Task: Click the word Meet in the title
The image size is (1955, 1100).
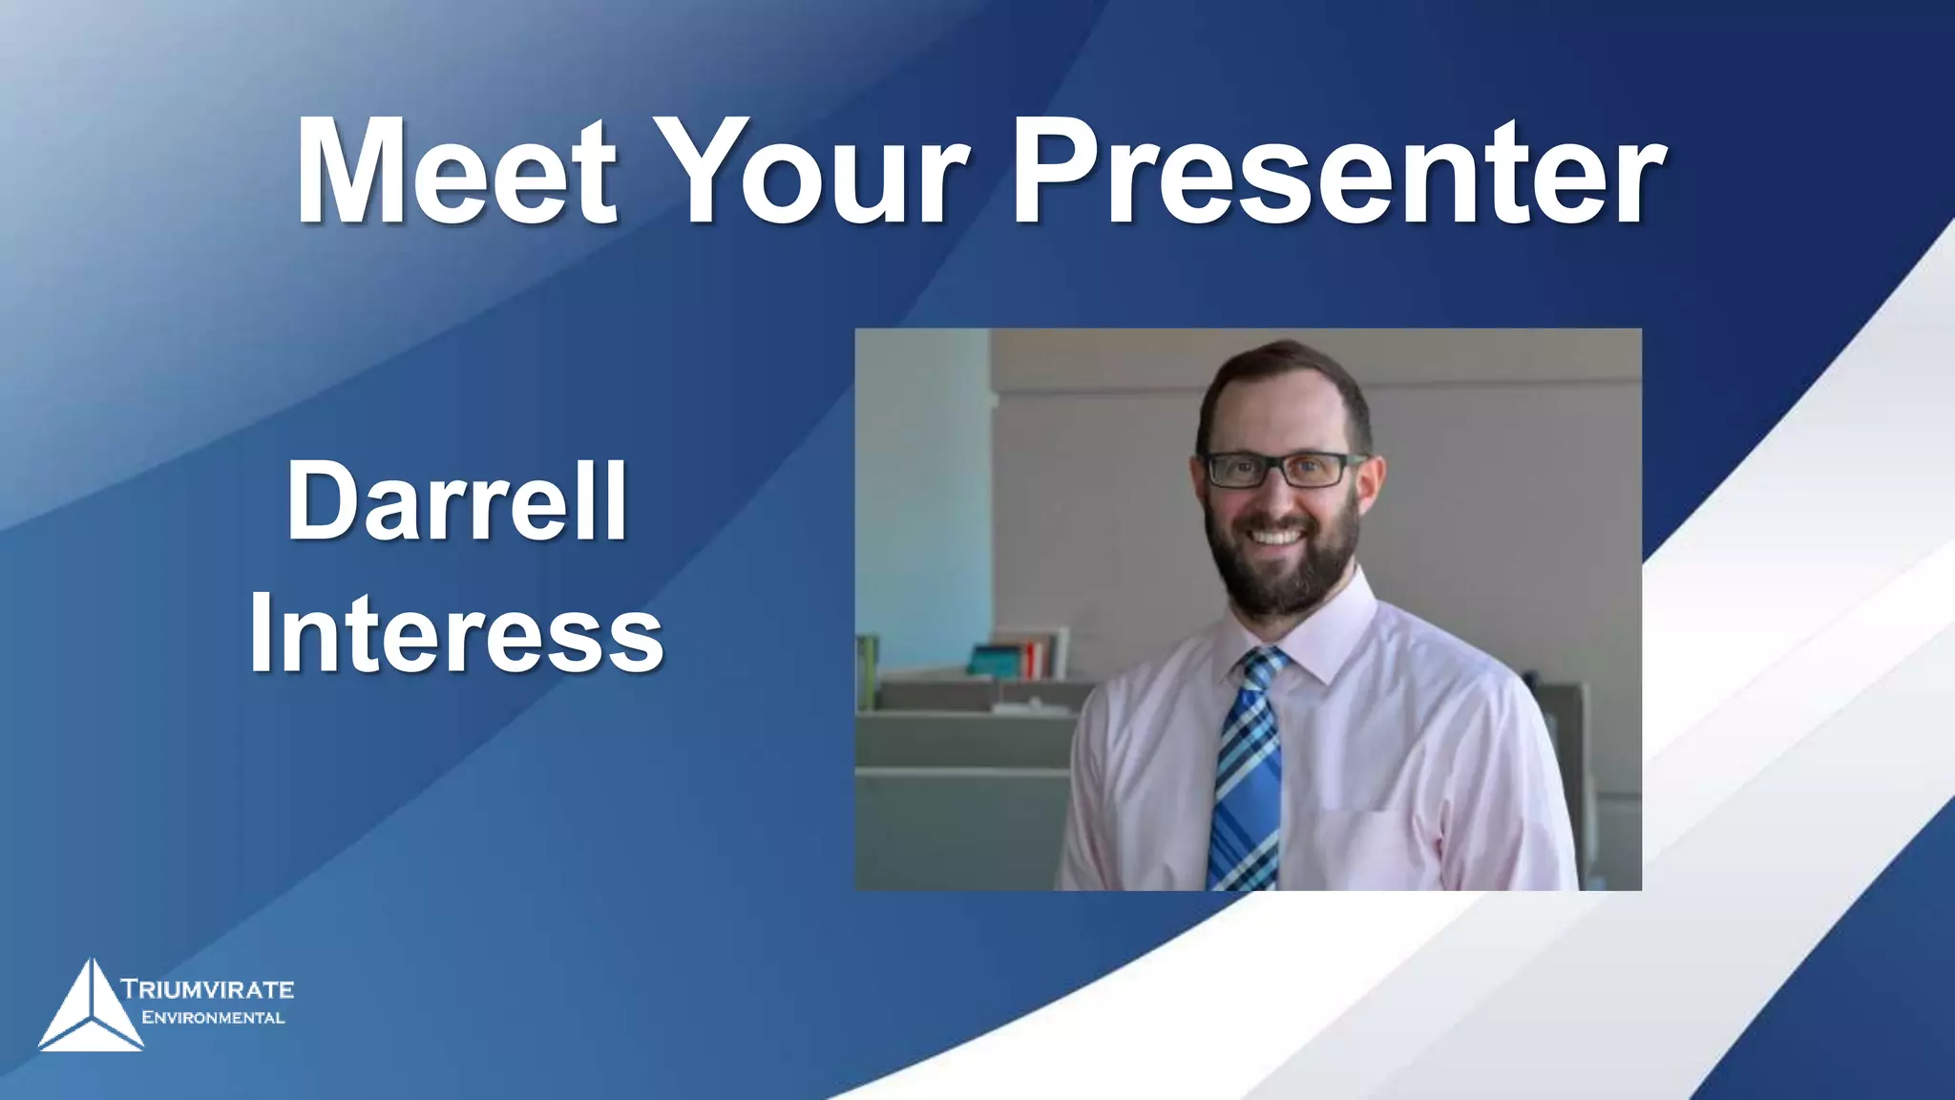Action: (456, 172)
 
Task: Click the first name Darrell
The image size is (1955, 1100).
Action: (456, 500)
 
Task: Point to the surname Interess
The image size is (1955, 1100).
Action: (456, 632)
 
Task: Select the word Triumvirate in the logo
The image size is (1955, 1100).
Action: (208, 988)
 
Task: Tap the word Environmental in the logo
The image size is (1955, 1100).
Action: (213, 1018)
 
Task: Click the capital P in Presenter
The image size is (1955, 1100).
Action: (1050, 172)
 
